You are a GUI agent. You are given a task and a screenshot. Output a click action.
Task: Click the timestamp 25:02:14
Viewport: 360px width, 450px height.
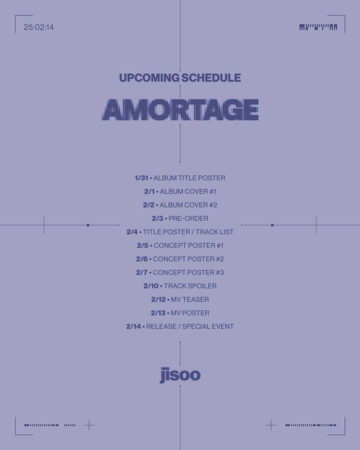click(x=39, y=27)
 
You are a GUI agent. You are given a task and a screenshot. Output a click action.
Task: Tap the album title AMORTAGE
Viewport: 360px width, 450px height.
click(x=180, y=110)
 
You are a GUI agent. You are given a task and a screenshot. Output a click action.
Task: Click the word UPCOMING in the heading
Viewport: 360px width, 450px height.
click(x=149, y=78)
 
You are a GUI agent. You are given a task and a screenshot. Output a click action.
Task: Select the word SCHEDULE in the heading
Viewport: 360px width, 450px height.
click(x=211, y=78)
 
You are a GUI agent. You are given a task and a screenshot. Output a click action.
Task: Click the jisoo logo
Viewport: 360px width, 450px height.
click(x=180, y=375)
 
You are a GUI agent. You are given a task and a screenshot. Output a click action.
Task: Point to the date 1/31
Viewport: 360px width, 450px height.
click(x=142, y=178)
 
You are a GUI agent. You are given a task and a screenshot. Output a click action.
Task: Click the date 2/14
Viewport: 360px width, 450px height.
click(x=133, y=326)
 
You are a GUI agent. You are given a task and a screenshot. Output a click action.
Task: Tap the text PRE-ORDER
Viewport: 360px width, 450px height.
click(x=188, y=218)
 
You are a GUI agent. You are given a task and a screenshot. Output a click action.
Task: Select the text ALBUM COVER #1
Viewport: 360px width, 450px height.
click(x=188, y=192)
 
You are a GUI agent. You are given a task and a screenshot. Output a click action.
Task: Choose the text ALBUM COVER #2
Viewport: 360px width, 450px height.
click(x=188, y=205)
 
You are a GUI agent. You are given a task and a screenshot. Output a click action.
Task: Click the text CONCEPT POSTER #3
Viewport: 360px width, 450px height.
click(x=188, y=272)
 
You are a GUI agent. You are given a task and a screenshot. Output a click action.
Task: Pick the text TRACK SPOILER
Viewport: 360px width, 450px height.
click(x=190, y=286)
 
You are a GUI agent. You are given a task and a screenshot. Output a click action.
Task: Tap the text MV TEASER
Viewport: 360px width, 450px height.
click(x=190, y=300)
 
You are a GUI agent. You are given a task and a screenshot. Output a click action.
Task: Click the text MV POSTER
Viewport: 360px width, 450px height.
click(x=190, y=313)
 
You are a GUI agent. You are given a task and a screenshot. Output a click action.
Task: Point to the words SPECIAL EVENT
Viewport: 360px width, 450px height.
click(x=208, y=326)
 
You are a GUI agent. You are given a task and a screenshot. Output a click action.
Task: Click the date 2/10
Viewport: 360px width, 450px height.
click(x=151, y=286)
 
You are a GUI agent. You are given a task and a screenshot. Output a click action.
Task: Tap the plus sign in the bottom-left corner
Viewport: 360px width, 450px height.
click(x=89, y=425)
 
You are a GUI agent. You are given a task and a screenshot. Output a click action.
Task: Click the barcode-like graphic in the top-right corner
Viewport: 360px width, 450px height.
click(x=318, y=27)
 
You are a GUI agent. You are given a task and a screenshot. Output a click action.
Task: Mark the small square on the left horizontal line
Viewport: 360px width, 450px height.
click(x=88, y=225)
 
